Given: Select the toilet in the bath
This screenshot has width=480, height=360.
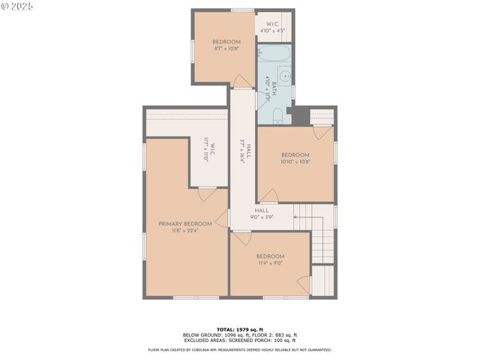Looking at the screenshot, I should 277,115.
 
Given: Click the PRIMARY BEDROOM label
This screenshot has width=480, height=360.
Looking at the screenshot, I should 184,223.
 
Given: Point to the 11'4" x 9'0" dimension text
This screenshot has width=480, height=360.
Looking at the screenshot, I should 270,262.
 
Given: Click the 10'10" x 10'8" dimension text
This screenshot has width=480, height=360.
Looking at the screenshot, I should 295,162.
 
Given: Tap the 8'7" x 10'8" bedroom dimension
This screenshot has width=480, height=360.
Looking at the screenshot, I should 226,49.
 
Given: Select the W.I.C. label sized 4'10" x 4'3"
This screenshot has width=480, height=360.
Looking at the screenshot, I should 273,28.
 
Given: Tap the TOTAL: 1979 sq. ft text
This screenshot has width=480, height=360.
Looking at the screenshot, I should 240,329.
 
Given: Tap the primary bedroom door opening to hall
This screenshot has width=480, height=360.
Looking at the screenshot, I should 223,218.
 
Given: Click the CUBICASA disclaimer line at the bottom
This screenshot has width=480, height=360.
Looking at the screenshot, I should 240,349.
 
